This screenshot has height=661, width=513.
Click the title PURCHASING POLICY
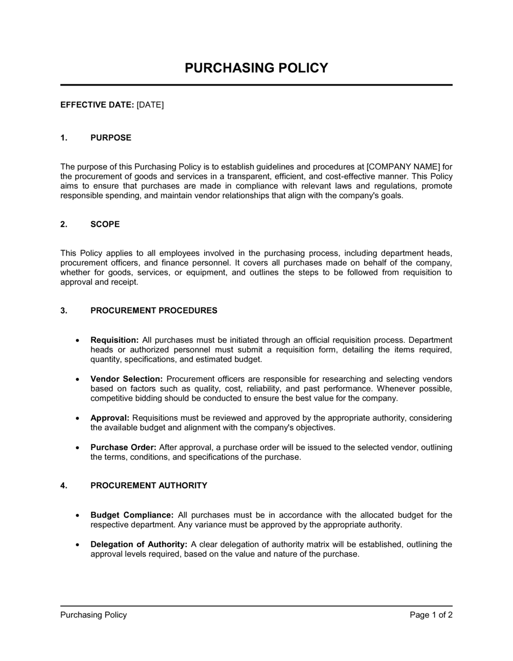click(256, 68)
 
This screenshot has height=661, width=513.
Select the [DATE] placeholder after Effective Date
click(150, 105)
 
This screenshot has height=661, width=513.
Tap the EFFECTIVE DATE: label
click(97, 105)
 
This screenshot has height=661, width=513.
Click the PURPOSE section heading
click(111, 138)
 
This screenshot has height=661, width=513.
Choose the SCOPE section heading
click(105, 224)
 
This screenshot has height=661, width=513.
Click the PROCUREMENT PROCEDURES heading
click(153, 311)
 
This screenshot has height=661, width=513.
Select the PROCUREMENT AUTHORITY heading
click(149, 486)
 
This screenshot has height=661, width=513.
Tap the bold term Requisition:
click(114, 340)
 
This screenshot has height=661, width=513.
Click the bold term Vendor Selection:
click(126, 379)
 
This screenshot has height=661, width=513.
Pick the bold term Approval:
click(110, 418)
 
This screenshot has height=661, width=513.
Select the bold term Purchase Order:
click(123, 447)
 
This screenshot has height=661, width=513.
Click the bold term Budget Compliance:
click(132, 515)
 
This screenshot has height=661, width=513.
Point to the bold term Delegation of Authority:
click(139, 545)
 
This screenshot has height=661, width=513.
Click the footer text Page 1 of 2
click(431, 615)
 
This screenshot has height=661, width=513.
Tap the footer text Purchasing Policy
click(93, 615)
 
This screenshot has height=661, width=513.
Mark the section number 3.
click(64, 311)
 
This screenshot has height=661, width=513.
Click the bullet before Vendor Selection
click(77, 380)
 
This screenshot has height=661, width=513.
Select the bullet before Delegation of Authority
click(77, 545)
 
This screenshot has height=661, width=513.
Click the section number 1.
click(64, 138)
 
